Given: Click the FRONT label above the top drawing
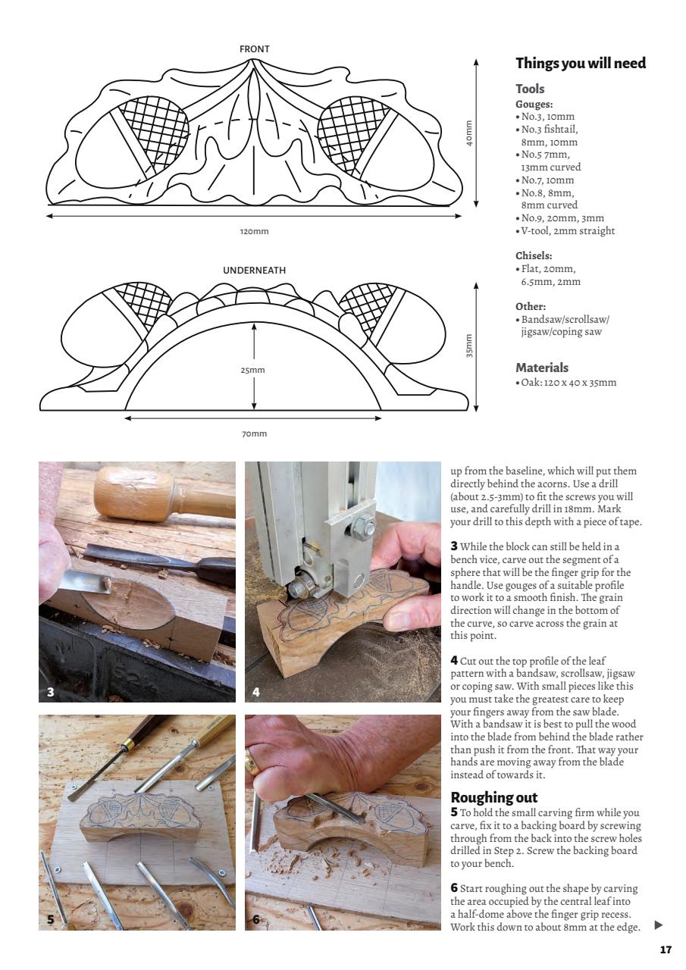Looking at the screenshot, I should point(254,49).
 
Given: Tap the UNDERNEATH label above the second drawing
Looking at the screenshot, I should point(254,271).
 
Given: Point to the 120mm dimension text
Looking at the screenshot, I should point(254,231).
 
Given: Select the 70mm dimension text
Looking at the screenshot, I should point(254,433).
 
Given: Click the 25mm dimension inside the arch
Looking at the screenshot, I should point(253,371).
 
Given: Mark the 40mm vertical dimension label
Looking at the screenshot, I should point(469,133).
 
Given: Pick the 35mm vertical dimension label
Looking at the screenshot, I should point(469,346).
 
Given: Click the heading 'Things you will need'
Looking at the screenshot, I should point(580,64).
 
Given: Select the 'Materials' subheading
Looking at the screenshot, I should point(541,368).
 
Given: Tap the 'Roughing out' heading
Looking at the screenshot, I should point(495,797).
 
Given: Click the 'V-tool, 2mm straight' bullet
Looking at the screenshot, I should point(567,231).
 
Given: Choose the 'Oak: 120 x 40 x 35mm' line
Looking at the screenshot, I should point(568,383).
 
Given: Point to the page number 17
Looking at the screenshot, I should point(666,950).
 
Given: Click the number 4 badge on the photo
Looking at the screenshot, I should point(256,691).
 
